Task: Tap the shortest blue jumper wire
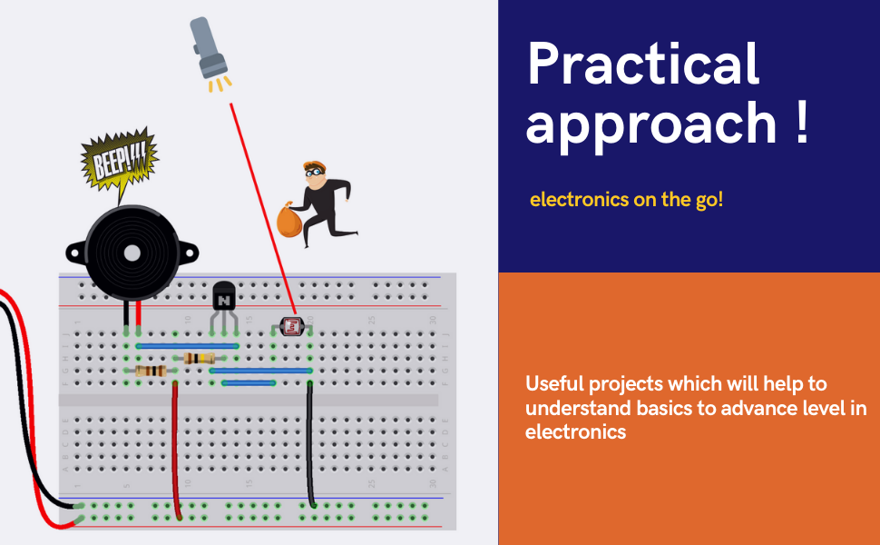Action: [249, 383]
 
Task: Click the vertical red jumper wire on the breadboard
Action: [176, 445]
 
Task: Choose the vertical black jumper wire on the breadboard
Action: [310, 445]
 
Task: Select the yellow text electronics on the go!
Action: [626, 200]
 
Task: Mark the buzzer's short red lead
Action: [138, 314]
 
